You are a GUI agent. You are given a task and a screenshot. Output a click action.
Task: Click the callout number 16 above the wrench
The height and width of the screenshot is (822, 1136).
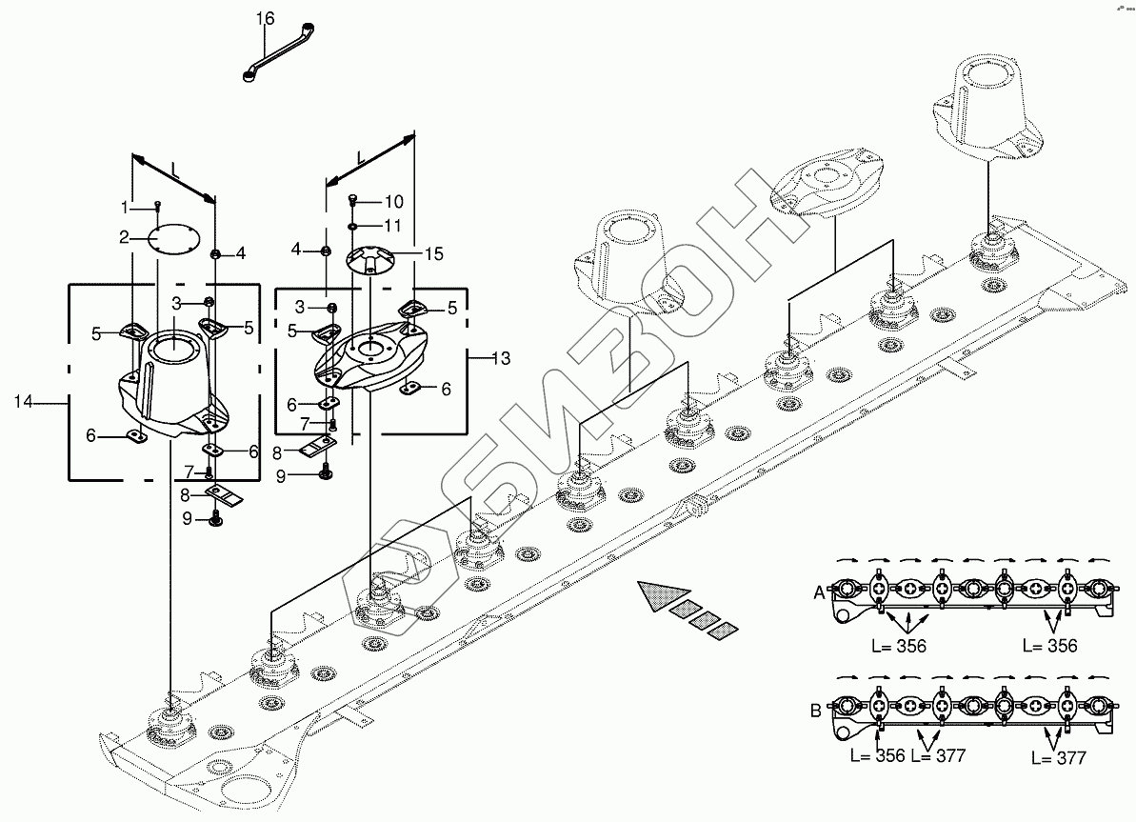pos(265,18)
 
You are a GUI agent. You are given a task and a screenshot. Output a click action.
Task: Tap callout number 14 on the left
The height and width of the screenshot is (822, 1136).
pos(23,401)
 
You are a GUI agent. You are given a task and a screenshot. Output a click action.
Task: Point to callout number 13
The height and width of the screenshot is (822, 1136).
pos(501,358)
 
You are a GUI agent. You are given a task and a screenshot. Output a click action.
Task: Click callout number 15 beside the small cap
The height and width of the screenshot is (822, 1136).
pos(434,253)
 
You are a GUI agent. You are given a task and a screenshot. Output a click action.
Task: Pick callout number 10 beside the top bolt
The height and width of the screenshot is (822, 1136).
pos(393,202)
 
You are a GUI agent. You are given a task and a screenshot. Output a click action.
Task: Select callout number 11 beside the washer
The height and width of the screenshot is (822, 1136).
pos(392,226)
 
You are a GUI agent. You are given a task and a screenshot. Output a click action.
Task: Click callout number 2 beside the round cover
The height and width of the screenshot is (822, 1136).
pos(124,237)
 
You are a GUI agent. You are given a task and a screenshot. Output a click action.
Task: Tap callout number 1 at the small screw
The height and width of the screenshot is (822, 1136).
pos(124,208)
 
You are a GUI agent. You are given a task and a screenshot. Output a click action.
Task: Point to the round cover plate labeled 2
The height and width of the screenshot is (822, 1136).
pos(174,238)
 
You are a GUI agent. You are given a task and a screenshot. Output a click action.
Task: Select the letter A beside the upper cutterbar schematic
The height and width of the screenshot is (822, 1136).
pos(820,593)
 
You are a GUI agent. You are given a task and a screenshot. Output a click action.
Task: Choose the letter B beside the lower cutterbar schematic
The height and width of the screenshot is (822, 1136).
pos(816,711)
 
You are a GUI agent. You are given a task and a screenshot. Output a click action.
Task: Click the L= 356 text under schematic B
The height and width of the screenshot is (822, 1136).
pos(877,756)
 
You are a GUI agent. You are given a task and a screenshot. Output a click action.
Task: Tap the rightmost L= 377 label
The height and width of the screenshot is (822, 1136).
pos(1059,758)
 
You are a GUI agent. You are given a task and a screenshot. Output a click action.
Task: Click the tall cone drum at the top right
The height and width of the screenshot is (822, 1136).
pos(987,108)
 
